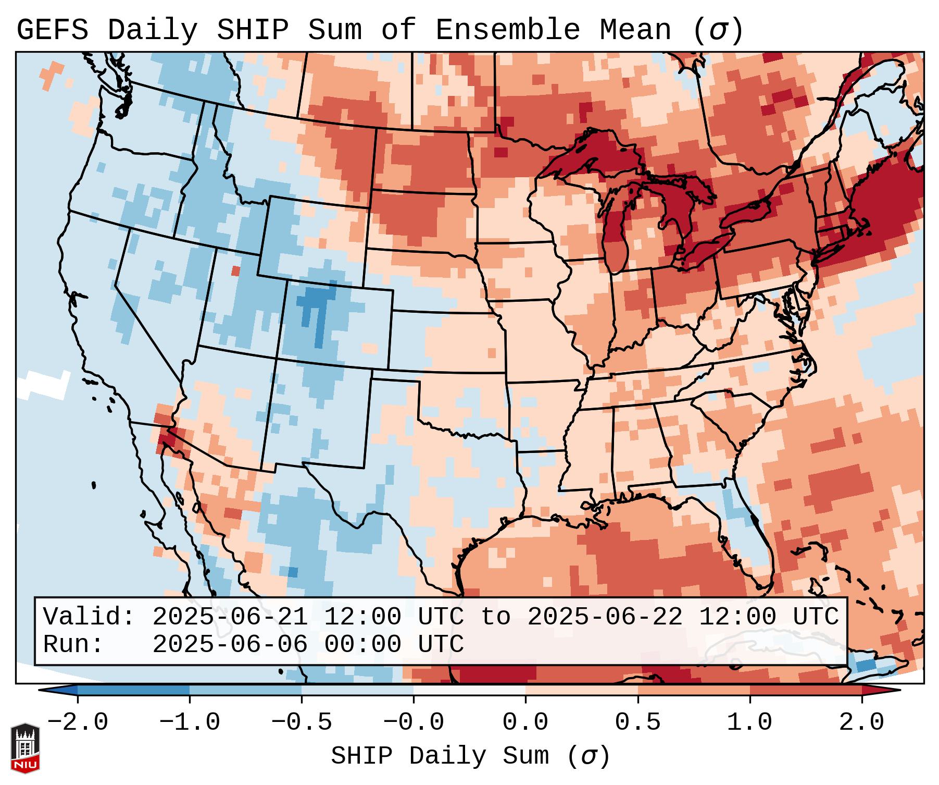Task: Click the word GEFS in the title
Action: (x=52, y=30)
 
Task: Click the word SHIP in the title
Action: (x=252, y=30)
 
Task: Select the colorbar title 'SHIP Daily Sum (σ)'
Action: (x=470, y=756)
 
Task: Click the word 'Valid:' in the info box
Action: (x=89, y=617)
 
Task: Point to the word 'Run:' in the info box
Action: (x=73, y=644)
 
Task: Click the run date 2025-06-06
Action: (x=230, y=644)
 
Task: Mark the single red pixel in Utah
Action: (x=236, y=271)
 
